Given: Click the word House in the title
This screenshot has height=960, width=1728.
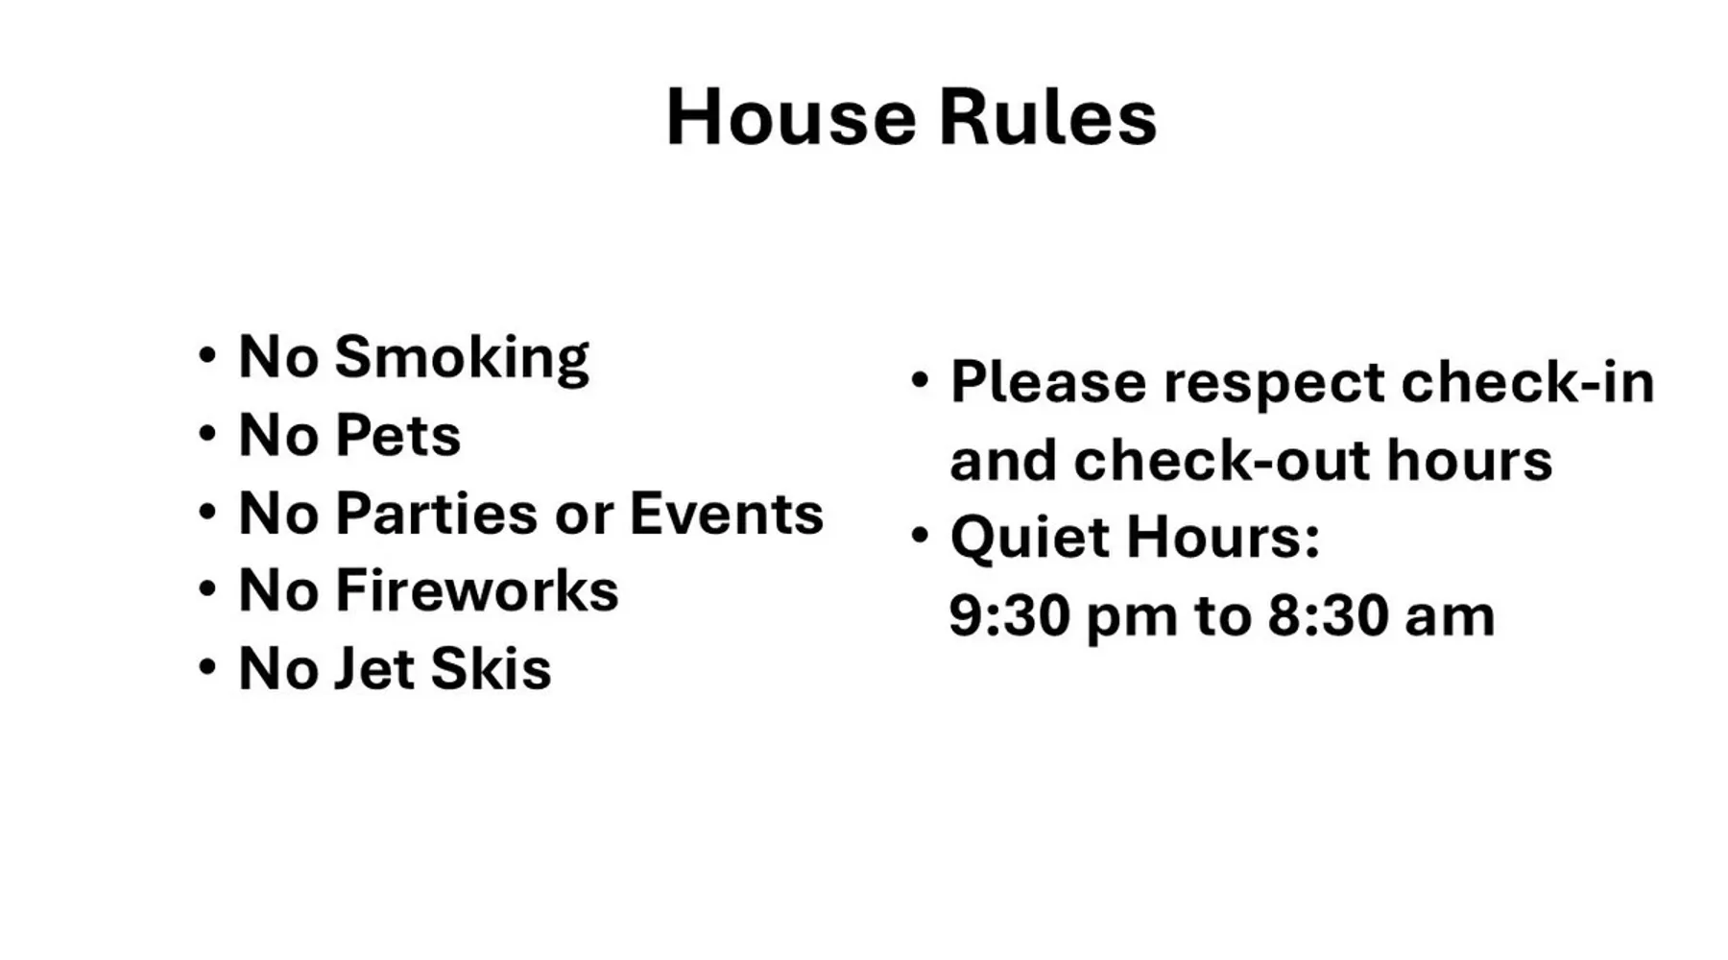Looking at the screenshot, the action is click(791, 117).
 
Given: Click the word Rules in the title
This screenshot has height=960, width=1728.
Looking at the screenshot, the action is click(1047, 117).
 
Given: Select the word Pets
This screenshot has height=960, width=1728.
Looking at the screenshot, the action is click(397, 435).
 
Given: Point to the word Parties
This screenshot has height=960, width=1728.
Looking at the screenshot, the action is click(437, 513).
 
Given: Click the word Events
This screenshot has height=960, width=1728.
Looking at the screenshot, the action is click(727, 513).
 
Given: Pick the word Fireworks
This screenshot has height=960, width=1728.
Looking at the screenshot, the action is click(476, 589).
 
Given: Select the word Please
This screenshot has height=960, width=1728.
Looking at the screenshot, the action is click(1048, 382).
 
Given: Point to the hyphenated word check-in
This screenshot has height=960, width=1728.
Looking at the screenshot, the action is click(1528, 381).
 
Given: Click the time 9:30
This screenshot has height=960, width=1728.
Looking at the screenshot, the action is click(1009, 615).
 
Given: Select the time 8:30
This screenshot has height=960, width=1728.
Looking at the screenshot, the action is click(1328, 615).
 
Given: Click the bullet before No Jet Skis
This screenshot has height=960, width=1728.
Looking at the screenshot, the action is click(207, 667).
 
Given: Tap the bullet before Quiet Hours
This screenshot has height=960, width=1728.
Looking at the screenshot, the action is click(920, 536).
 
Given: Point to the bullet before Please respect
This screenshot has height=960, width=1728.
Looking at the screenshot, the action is click(920, 380).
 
